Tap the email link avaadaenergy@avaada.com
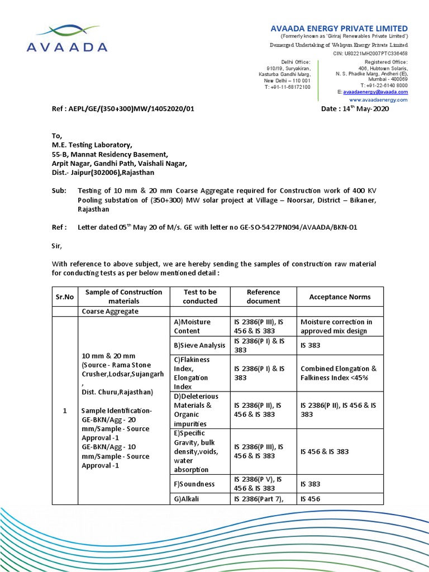point(375,92)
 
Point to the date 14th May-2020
point(355,109)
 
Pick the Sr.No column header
point(65,297)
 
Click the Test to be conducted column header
point(200,297)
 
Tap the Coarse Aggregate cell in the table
point(110,311)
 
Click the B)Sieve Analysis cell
point(200,345)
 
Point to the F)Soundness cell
point(194,484)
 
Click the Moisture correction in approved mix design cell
point(336,327)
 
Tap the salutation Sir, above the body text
point(58,245)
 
